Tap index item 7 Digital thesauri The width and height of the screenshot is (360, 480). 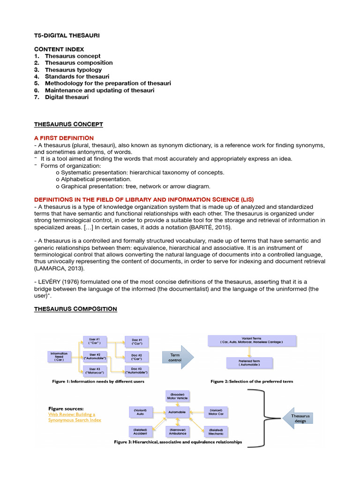(66, 97)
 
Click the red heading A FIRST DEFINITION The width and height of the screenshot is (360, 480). (64, 138)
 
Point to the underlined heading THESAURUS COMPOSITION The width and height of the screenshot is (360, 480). (75, 309)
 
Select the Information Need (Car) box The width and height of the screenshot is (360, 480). (59, 356)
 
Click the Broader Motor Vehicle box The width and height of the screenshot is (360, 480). (177, 397)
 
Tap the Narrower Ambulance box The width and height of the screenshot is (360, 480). (177, 431)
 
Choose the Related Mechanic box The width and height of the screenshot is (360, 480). (216, 431)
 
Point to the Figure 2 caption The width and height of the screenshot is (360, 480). (252, 382)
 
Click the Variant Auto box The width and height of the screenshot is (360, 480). (141, 412)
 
